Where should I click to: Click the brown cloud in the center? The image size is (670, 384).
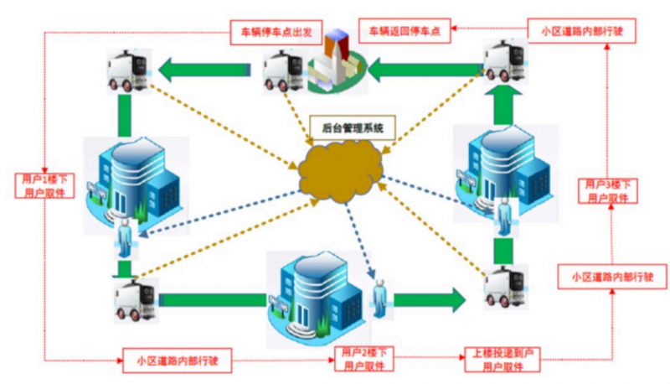(342, 169)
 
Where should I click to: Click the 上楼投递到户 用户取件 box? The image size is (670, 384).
(501, 360)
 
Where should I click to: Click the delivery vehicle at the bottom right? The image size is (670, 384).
(508, 289)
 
